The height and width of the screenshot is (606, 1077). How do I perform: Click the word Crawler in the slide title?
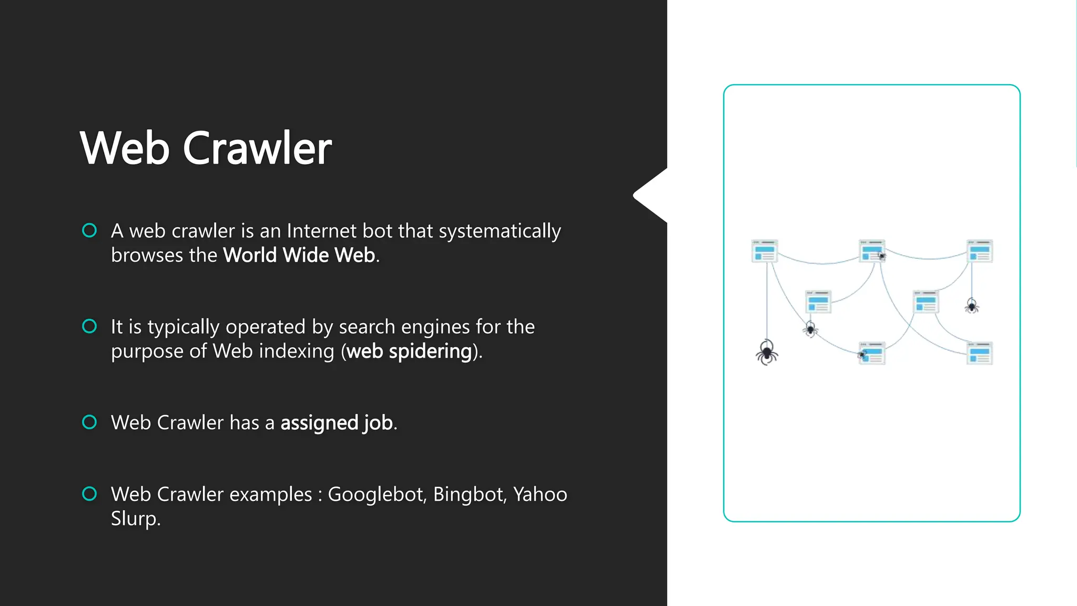[257, 148]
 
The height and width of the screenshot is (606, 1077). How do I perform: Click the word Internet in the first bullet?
[321, 231]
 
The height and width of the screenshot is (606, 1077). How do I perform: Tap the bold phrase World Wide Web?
[299, 255]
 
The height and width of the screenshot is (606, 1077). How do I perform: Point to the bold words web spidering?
[409, 351]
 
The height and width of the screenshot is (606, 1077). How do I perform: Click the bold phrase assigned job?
[337, 423]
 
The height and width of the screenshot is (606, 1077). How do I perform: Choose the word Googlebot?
[377, 494]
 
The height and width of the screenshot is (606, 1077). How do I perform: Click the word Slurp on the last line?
[134, 519]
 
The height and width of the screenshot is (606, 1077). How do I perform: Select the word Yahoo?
[540, 494]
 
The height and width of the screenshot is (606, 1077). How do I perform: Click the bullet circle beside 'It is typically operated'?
[90, 327]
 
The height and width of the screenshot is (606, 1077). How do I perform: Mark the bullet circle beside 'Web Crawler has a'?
[90, 422]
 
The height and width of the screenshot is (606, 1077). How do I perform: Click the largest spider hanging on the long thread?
[767, 352]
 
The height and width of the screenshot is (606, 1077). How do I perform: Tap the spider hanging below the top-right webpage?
[972, 306]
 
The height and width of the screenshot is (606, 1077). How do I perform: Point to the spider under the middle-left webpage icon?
[810, 330]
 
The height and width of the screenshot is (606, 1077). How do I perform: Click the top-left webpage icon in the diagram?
[765, 251]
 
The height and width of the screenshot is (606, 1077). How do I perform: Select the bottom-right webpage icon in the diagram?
[980, 353]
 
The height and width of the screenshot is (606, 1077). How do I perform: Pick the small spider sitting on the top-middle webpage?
[882, 257]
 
